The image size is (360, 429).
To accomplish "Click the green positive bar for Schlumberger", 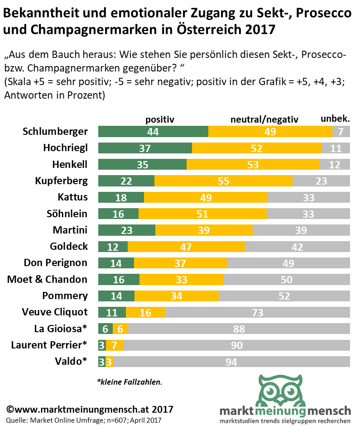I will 153,132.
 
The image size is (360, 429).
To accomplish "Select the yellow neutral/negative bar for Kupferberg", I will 223,181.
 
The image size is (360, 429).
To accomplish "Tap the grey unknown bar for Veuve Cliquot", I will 258,312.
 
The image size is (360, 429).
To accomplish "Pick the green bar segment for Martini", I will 127,230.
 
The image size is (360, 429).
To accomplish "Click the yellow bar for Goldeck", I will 186,247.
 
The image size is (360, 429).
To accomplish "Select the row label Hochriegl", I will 65,148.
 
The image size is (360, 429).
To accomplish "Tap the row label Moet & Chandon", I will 47,279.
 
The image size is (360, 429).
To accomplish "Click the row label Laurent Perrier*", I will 49,345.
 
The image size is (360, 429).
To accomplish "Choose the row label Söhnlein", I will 67,214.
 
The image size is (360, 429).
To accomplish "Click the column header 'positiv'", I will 159,119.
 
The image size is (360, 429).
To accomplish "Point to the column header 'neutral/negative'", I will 264,119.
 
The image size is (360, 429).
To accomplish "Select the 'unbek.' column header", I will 335,119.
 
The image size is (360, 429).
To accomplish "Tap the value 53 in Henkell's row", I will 253,165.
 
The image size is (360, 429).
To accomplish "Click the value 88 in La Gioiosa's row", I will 239,329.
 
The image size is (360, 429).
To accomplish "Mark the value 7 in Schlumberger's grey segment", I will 341,132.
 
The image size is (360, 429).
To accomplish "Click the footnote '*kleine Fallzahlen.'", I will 129,382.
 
